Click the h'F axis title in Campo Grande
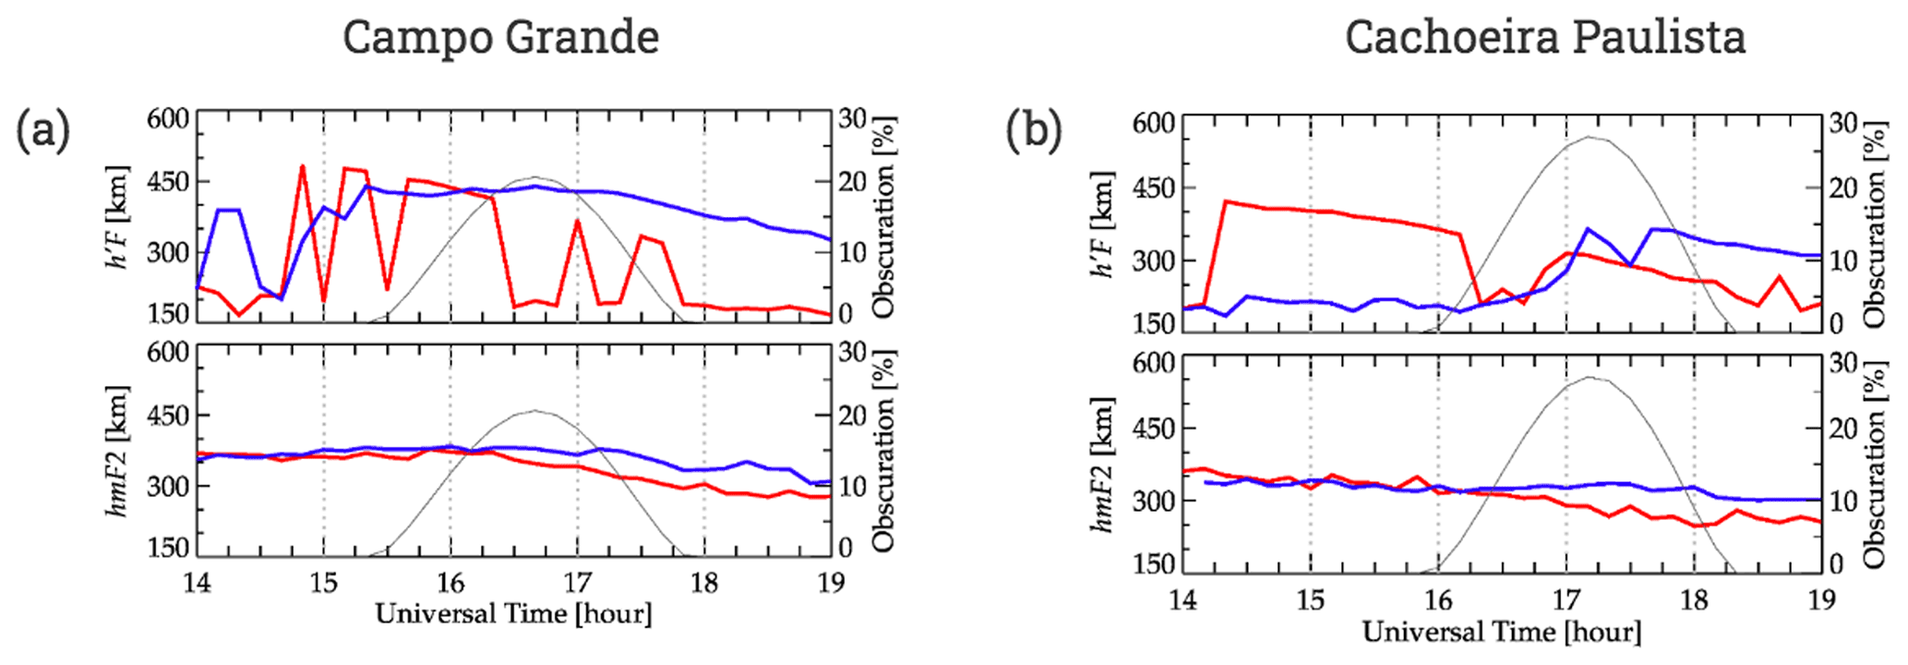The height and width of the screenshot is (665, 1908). click(119, 218)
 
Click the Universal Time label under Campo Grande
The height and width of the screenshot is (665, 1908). click(513, 614)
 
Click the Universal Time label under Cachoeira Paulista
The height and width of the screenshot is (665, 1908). click(1502, 633)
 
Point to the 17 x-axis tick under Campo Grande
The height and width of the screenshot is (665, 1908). click(577, 584)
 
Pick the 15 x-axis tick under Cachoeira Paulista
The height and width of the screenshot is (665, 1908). click(1310, 601)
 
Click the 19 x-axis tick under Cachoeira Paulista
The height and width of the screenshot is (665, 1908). click(1820, 601)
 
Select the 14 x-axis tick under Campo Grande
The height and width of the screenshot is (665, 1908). click(197, 584)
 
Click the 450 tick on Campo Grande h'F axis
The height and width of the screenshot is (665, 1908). click(168, 183)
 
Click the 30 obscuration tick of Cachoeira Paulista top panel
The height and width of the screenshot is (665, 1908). click(1842, 124)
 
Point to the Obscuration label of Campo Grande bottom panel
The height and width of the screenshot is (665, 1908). click(884, 451)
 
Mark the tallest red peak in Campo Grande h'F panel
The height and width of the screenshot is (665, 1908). click(302, 166)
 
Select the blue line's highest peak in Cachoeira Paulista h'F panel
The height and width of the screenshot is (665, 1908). click(1588, 228)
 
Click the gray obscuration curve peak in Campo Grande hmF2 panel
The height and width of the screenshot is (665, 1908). click(534, 411)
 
